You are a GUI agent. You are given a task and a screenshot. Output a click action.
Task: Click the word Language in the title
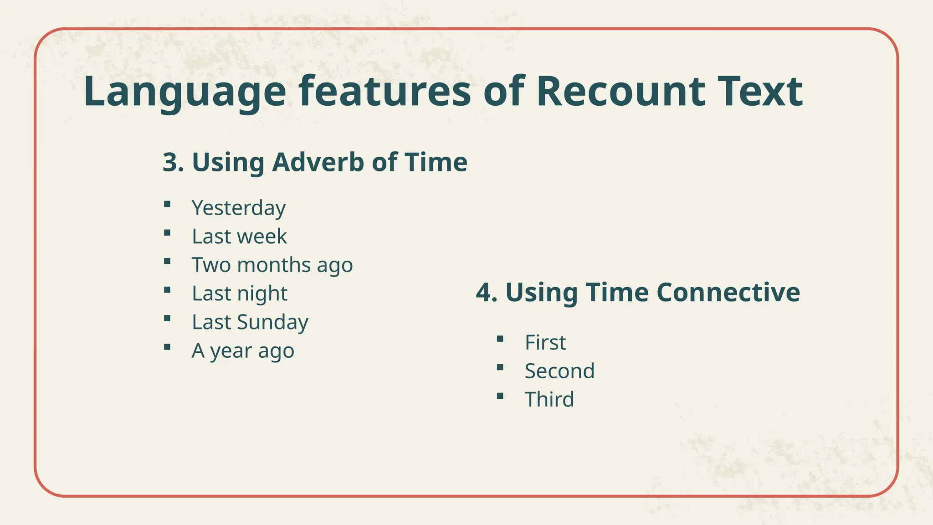(x=185, y=92)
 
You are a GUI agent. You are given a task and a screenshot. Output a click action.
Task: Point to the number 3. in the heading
(x=173, y=162)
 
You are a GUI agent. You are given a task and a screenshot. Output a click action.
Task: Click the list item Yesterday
(x=238, y=208)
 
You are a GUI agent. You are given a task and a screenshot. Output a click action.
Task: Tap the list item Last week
(x=239, y=237)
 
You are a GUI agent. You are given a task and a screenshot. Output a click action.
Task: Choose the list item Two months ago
(x=272, y=265)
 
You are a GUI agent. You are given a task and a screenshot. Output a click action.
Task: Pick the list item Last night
(x=239, y=293)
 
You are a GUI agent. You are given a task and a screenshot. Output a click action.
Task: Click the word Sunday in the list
(x=272, y=322)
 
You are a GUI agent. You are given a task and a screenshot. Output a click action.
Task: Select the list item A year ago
(x=243, y=351)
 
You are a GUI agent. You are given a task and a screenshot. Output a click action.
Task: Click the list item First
(x=545, y=343)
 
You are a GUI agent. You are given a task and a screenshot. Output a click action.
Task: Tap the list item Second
(x=559, y=371)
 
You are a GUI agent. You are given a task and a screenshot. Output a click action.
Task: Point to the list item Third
(x=549, y=400)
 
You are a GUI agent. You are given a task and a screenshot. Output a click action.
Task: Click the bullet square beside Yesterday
(x=167, y=204)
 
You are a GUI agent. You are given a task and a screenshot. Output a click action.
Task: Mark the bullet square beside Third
(x=500, y=396)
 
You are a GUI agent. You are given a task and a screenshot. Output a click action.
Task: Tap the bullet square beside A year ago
(x=167, y=347)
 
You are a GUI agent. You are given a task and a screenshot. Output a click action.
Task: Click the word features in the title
(x=385, y=92)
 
